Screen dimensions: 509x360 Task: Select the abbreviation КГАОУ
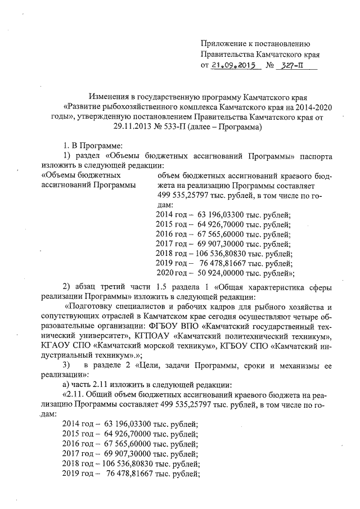pos(56,348)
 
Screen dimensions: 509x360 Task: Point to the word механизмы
pos(299,368)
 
